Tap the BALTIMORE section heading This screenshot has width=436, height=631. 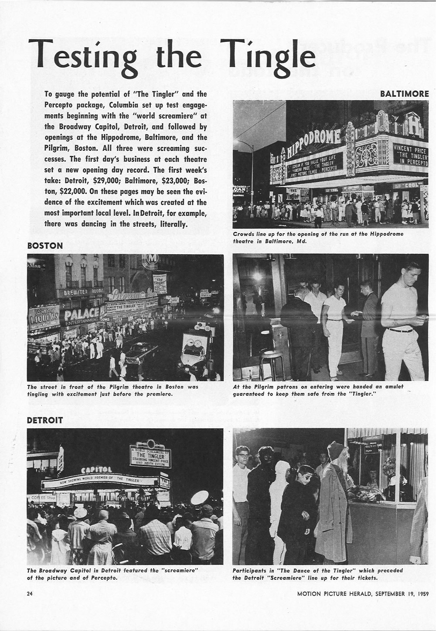404,94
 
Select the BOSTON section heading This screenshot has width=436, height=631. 45,246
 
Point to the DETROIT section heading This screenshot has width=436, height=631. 45,420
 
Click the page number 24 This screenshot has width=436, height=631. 31,593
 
